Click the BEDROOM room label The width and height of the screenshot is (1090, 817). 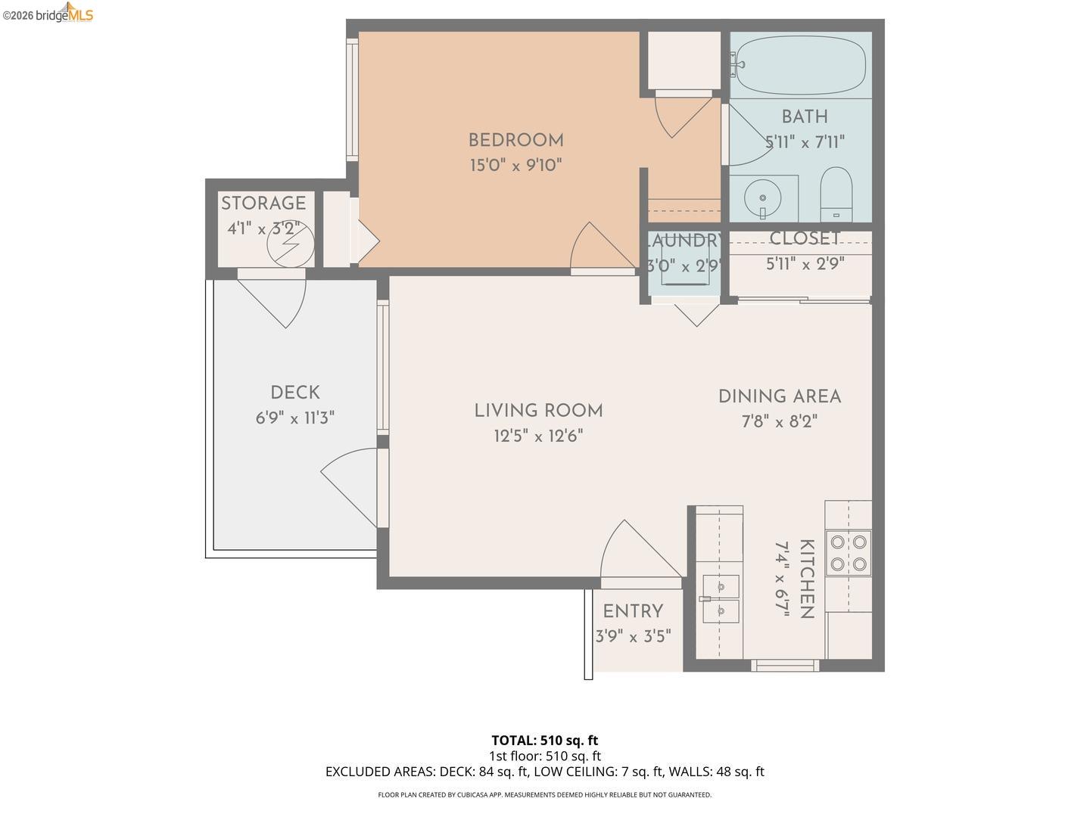tap(516, 141)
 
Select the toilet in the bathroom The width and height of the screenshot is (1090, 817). tap(836, 194)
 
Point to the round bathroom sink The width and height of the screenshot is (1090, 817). tap(763, 198)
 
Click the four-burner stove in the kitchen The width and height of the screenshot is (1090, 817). tap(849, 552)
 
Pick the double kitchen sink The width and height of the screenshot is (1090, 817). tap(721, 598)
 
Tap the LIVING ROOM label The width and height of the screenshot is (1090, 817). tap(538, 411)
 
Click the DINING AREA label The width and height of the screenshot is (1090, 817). tap(780, 396)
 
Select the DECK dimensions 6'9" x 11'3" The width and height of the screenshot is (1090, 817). tap(295, 418)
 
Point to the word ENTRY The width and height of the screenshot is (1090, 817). tap(633, 611)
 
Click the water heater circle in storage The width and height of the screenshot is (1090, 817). tap(291, 244)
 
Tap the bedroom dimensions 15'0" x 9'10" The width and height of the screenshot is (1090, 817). tap(516, 165)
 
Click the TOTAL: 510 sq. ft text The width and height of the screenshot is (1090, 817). tap(545, 741)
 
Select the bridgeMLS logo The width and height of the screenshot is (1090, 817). tap(48, 13)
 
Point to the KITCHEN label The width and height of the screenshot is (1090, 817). tap(806, 579)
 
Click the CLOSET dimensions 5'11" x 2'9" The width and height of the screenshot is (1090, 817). tap(805, 263)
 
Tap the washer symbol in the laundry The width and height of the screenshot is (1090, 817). tap(685, 264)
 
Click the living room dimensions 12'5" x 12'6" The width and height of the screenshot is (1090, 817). tap(538, 436)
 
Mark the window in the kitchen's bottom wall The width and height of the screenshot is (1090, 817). tap(785, 666)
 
